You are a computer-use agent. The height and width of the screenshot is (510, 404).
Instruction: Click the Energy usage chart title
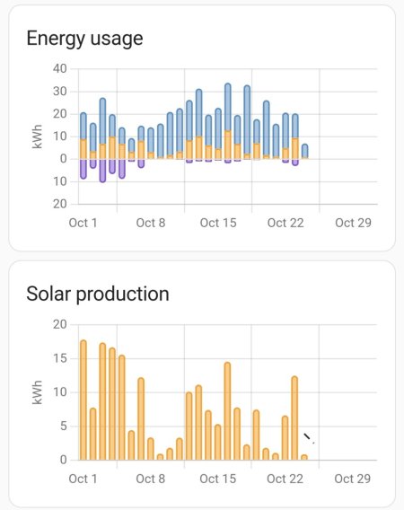84,39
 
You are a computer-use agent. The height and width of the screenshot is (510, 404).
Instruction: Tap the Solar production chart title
97,294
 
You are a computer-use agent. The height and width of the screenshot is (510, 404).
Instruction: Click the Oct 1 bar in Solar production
83,400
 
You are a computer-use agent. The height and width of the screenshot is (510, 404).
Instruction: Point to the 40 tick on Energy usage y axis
60,69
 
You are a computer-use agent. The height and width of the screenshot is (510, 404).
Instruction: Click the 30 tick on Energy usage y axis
60,92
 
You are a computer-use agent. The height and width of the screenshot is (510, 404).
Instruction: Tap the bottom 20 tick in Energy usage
60,204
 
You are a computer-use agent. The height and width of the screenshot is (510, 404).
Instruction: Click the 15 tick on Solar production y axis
60,358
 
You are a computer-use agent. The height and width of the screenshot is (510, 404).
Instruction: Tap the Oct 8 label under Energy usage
151,223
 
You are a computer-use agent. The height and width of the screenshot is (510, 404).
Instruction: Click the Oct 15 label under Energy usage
216,223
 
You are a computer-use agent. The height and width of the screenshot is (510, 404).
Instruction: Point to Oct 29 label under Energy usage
351,223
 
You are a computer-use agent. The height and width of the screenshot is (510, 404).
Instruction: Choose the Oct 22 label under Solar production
284,479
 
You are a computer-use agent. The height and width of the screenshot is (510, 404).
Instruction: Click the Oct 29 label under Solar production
351,479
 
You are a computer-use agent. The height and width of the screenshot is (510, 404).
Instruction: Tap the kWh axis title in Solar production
38,392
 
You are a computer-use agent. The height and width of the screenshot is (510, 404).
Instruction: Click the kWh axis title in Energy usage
38,136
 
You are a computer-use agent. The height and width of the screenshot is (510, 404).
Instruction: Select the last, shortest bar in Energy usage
305,151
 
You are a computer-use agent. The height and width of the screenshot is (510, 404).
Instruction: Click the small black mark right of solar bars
308,438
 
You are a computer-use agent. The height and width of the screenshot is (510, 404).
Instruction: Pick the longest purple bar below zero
102,170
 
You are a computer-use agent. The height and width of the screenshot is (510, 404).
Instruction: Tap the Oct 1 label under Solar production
83,479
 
